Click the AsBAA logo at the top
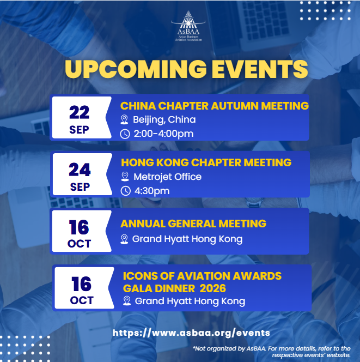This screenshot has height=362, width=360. pyautogui.click(x=188, y=26)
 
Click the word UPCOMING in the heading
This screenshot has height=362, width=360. pyautogui.click(x=136, y=69)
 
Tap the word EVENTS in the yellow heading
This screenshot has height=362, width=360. pyautogui.click(x=260, y=69)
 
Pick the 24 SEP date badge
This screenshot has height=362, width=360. pyautogui.click(x=82, y=174)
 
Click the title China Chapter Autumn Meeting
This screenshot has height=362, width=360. pyautogui.click(x=215, y=106)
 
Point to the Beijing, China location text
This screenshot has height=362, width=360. pyautogui.click(x=164, y=119)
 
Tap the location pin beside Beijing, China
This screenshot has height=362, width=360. pyautogui.click(x=124, y=119)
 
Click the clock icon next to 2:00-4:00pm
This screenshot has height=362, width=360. pyautogui.click(x=125, y=134)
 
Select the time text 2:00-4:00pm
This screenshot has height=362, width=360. pyautogui.click(x=163, y=134)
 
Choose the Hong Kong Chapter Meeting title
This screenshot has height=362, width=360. pyautogui.click(x=206, y=162)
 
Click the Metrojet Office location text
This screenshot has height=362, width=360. pyautogui.click(x=168, y=177)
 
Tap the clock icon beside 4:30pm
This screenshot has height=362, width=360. pyautogui.click(x=126, y=191)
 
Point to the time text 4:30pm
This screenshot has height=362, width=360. pyautogui.click(x=152, y=191)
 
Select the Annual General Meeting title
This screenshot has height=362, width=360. pyautogui.click(x=193, y=224)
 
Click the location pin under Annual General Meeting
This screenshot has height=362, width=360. pyautogui.click(x=124, y=239)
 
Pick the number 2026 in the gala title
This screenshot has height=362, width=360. pyautogui.click(x=212, y=288)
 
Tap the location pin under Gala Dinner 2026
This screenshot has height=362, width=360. pyautogui.click(x=127, y=301)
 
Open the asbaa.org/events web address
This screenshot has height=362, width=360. pyautogui.click(x=191, y=333)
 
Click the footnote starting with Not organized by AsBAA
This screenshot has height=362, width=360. pyautogui.click(x=272, y=352)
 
